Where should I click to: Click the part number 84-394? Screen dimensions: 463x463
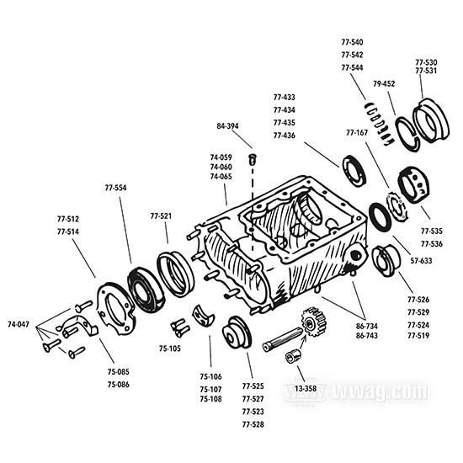[227, 125]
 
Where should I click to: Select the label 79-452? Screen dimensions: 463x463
[385, 83]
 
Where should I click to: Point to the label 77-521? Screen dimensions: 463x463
[161, 216]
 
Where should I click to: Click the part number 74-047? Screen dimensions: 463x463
[19, 323]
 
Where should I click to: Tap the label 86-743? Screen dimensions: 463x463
[366, 336]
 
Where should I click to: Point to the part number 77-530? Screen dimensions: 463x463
[425, 62]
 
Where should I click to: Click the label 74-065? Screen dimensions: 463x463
[221, 178]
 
